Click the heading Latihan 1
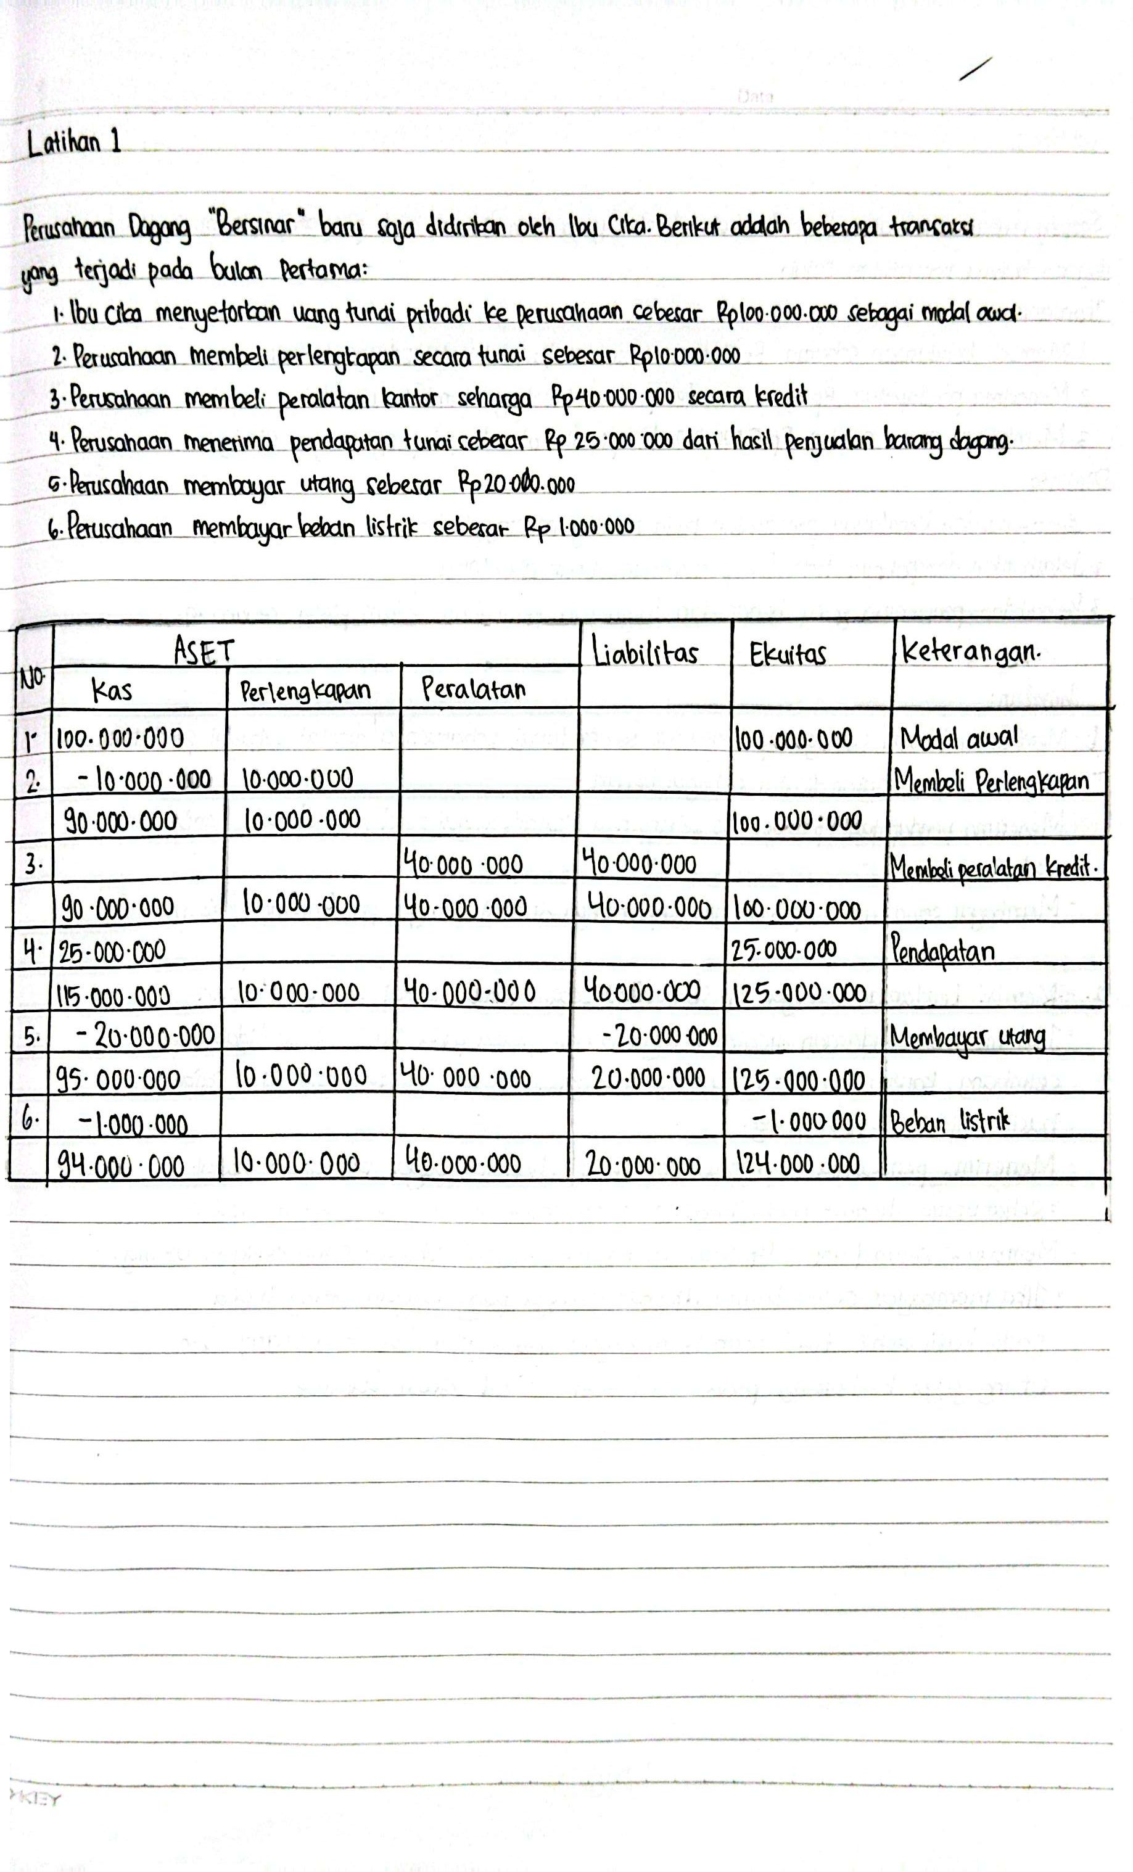pos(74,142)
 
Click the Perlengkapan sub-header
pos(305,691)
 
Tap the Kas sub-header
pos(111,690)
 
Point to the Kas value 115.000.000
pos(114,994)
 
